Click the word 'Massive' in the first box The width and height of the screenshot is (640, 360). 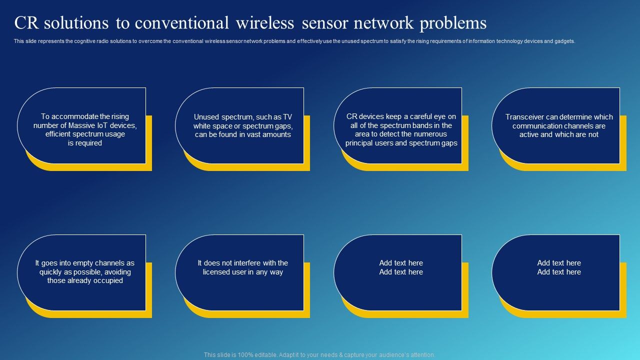(x=83, y=125)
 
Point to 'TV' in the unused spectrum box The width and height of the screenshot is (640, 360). (x=287, y=117)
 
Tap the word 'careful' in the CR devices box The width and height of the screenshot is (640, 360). (x=416, y=116)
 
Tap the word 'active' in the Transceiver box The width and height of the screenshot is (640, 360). (x=529, y=134)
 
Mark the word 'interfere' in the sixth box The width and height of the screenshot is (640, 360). (x=243, y=263)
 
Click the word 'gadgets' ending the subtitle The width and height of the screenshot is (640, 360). (x=565, y=41)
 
